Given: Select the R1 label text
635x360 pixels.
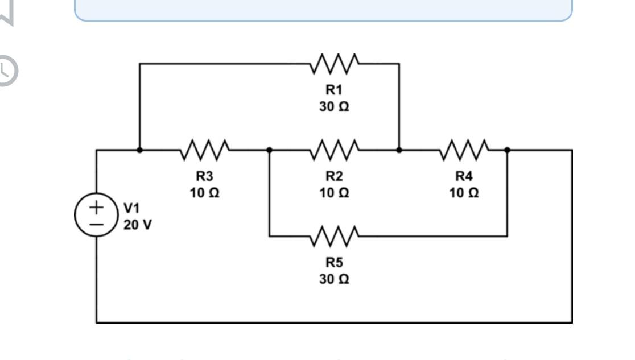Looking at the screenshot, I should [x=334, y=89].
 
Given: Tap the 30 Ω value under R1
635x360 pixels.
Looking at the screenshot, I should [x=334, y=106].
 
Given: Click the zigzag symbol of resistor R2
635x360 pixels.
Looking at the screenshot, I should [x=334, y=150].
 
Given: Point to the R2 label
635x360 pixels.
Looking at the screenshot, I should [x=334, y=176].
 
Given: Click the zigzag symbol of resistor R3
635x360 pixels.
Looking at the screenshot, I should [x=205, y=150].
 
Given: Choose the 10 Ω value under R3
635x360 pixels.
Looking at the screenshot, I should [x=205, y=193].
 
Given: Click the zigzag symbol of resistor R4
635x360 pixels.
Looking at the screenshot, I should [x=464, y=150].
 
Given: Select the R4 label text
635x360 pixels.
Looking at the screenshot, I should [x=464, y=176].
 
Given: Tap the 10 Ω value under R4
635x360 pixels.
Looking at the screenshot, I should [x=464, y=193].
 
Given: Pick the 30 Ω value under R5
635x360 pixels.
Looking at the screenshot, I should [x=334, y=279].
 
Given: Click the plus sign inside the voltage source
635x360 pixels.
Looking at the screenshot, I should [x=97, y=207].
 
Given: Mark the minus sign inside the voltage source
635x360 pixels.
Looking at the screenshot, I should [x=97, y=224].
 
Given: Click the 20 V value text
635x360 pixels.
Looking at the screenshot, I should [x=138, y=225].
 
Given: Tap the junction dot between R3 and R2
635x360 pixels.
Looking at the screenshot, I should [x=269, y=150].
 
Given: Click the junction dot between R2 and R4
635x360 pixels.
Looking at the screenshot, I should [x=399, y=150].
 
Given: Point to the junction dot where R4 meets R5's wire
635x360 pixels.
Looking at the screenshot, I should [x=507, y=150].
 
